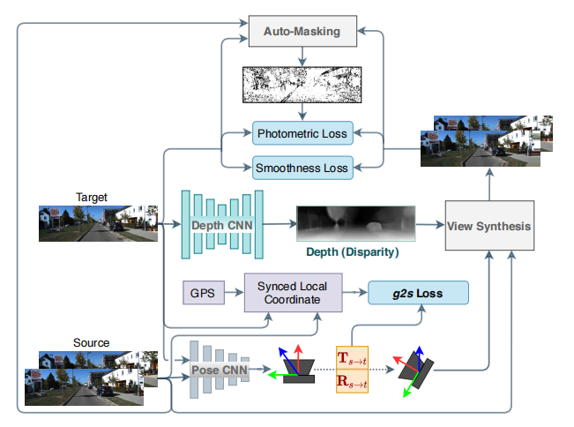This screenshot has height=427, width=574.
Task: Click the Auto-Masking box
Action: [x=302, y=31]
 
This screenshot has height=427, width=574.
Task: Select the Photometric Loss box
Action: [x=302, y=133]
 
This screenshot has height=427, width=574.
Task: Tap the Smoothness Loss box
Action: [x=302, y=168]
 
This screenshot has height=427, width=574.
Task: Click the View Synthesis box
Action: [x=489, y=226]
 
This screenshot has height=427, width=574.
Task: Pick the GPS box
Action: [x=204, y=293]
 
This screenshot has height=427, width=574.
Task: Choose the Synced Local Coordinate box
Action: [x=294, y=293]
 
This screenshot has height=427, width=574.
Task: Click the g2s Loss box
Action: [x=418, y=293]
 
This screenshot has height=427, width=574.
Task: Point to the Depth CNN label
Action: [x=222, y=225]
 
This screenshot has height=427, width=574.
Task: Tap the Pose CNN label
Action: [x=220, y=370]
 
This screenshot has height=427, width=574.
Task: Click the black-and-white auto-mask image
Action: [x=302, y=85]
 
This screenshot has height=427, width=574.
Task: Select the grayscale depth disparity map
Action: [x=356, y=223]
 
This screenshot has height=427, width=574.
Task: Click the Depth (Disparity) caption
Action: [x=352, y=252]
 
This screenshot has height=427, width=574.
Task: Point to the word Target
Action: [x=92, y=197]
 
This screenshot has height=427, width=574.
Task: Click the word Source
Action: [x=91, y=342]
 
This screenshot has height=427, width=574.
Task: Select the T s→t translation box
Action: [x=352, y=358]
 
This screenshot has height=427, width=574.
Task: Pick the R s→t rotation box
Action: [x=352, y=381]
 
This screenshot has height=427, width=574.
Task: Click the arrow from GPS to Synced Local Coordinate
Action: [x=235, y=292]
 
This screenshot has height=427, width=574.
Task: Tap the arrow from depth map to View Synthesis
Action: [x=430, y=224]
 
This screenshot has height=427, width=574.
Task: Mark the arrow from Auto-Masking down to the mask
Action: [x=302, y=56]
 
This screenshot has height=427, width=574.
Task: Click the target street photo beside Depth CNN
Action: [x=98, y=223]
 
